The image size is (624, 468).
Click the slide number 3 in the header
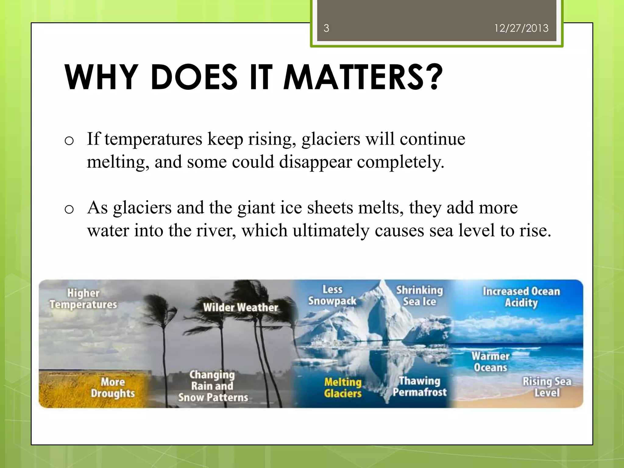pos(326,28)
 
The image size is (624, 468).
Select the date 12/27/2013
pos(521,28)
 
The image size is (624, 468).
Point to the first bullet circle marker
pos(69,141)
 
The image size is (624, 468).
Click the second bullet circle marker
pos(69,209)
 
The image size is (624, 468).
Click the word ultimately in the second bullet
pos(331,230)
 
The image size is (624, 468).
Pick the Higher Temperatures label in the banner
pos(83,299)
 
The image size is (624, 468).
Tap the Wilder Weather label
pos(240,307)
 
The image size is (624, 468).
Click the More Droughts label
pos(113,387)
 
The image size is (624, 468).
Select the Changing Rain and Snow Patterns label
pos(213,386)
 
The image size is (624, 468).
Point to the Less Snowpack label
pos(332,295)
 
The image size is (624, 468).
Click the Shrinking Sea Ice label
pos(420,296)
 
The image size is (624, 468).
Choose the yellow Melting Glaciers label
pos(343,388)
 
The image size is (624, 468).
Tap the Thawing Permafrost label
pos(420,386)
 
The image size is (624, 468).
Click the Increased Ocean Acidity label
pos(521,297)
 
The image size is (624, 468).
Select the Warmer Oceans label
pos(490,362)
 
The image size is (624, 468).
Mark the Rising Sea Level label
pos(547,387)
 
